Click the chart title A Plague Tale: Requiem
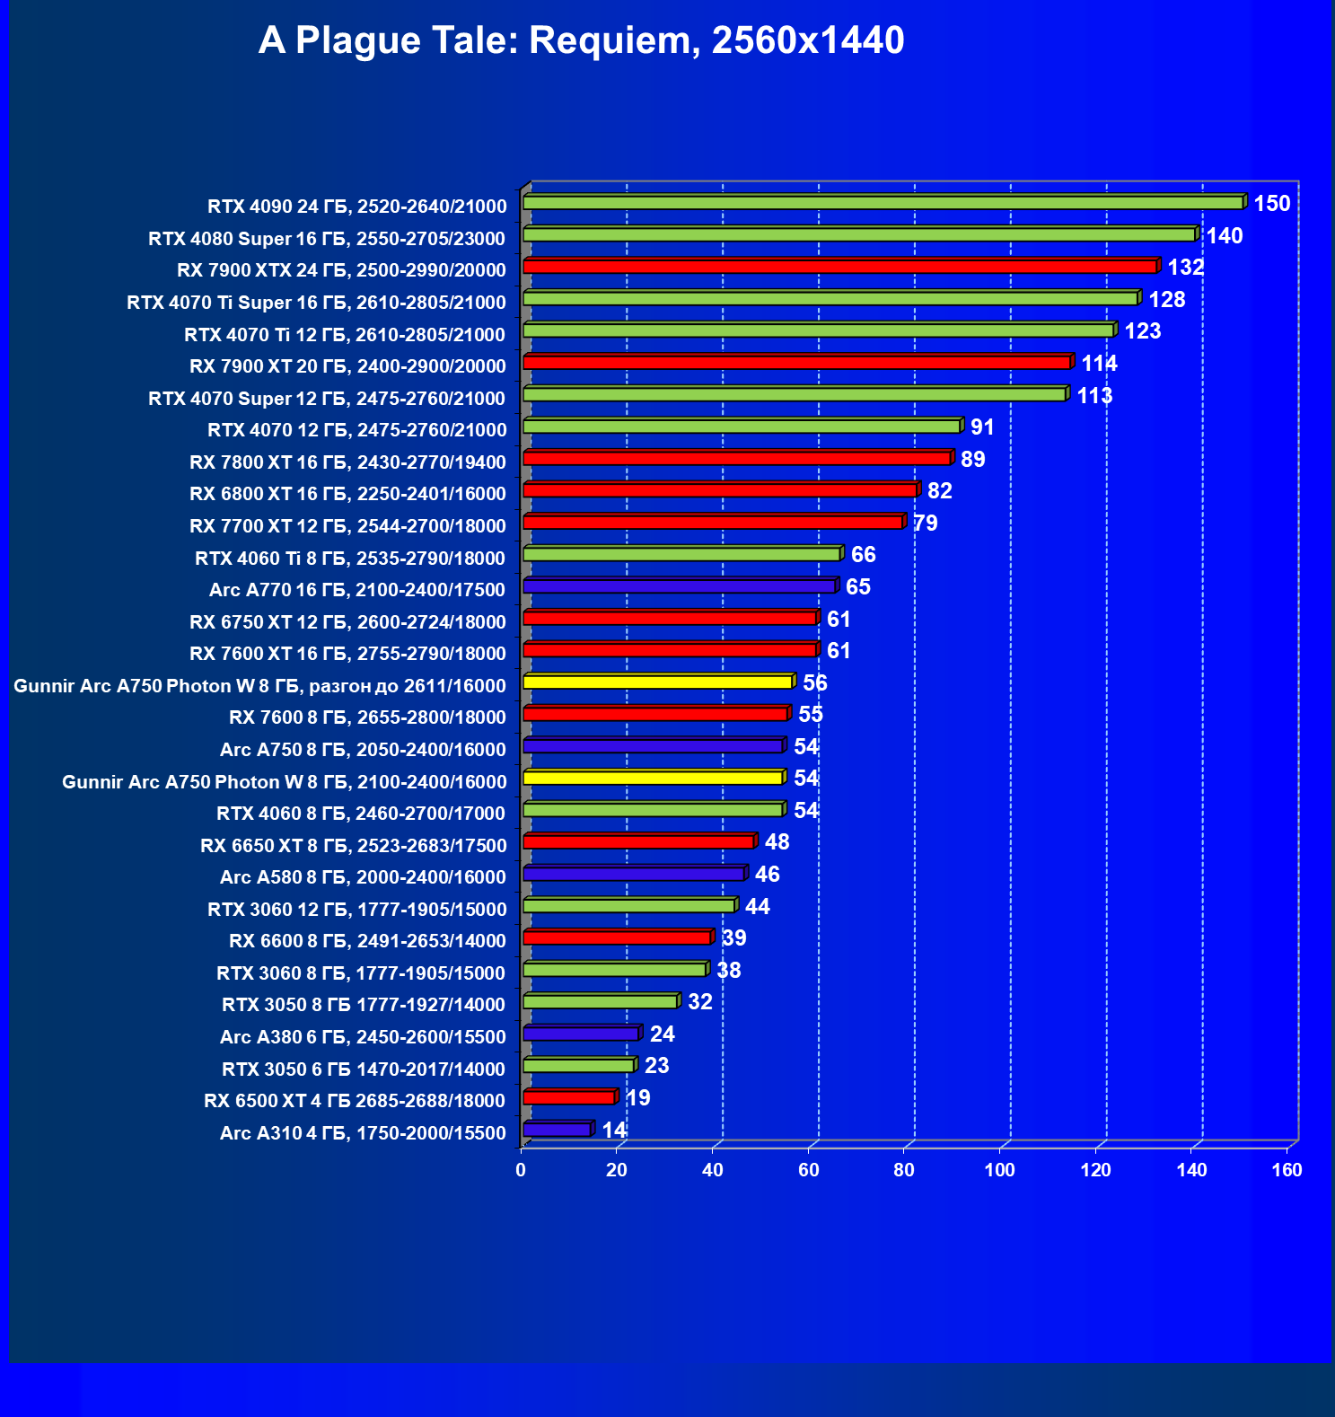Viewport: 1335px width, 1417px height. point(581,41)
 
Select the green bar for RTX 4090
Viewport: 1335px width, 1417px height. point(883,203)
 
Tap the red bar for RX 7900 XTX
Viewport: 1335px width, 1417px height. point(839,267)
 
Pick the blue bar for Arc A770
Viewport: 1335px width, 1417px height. point(680,586)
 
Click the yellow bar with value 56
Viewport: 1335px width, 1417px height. point(657,682)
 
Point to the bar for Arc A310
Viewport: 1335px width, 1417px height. point(557,1130)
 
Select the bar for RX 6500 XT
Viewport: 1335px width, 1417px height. point(568,1097)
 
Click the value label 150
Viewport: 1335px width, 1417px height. point(1271,204)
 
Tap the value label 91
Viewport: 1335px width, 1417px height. point(982,427)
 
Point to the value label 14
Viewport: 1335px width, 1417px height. point(614,1130)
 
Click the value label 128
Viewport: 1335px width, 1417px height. point(1166,300)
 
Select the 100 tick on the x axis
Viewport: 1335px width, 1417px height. point(999,1170)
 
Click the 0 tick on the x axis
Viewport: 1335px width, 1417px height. point(521,1170)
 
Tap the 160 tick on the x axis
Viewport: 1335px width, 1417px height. point(1287,1170)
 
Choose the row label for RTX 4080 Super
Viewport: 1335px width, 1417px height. point(327,239)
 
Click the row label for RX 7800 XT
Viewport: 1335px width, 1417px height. point(347,462)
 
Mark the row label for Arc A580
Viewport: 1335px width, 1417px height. point(363,877)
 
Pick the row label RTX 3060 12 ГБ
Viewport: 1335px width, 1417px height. point(356,910)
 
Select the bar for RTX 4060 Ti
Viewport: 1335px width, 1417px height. point(681,554)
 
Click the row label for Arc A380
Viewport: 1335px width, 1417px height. point(363,1037)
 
